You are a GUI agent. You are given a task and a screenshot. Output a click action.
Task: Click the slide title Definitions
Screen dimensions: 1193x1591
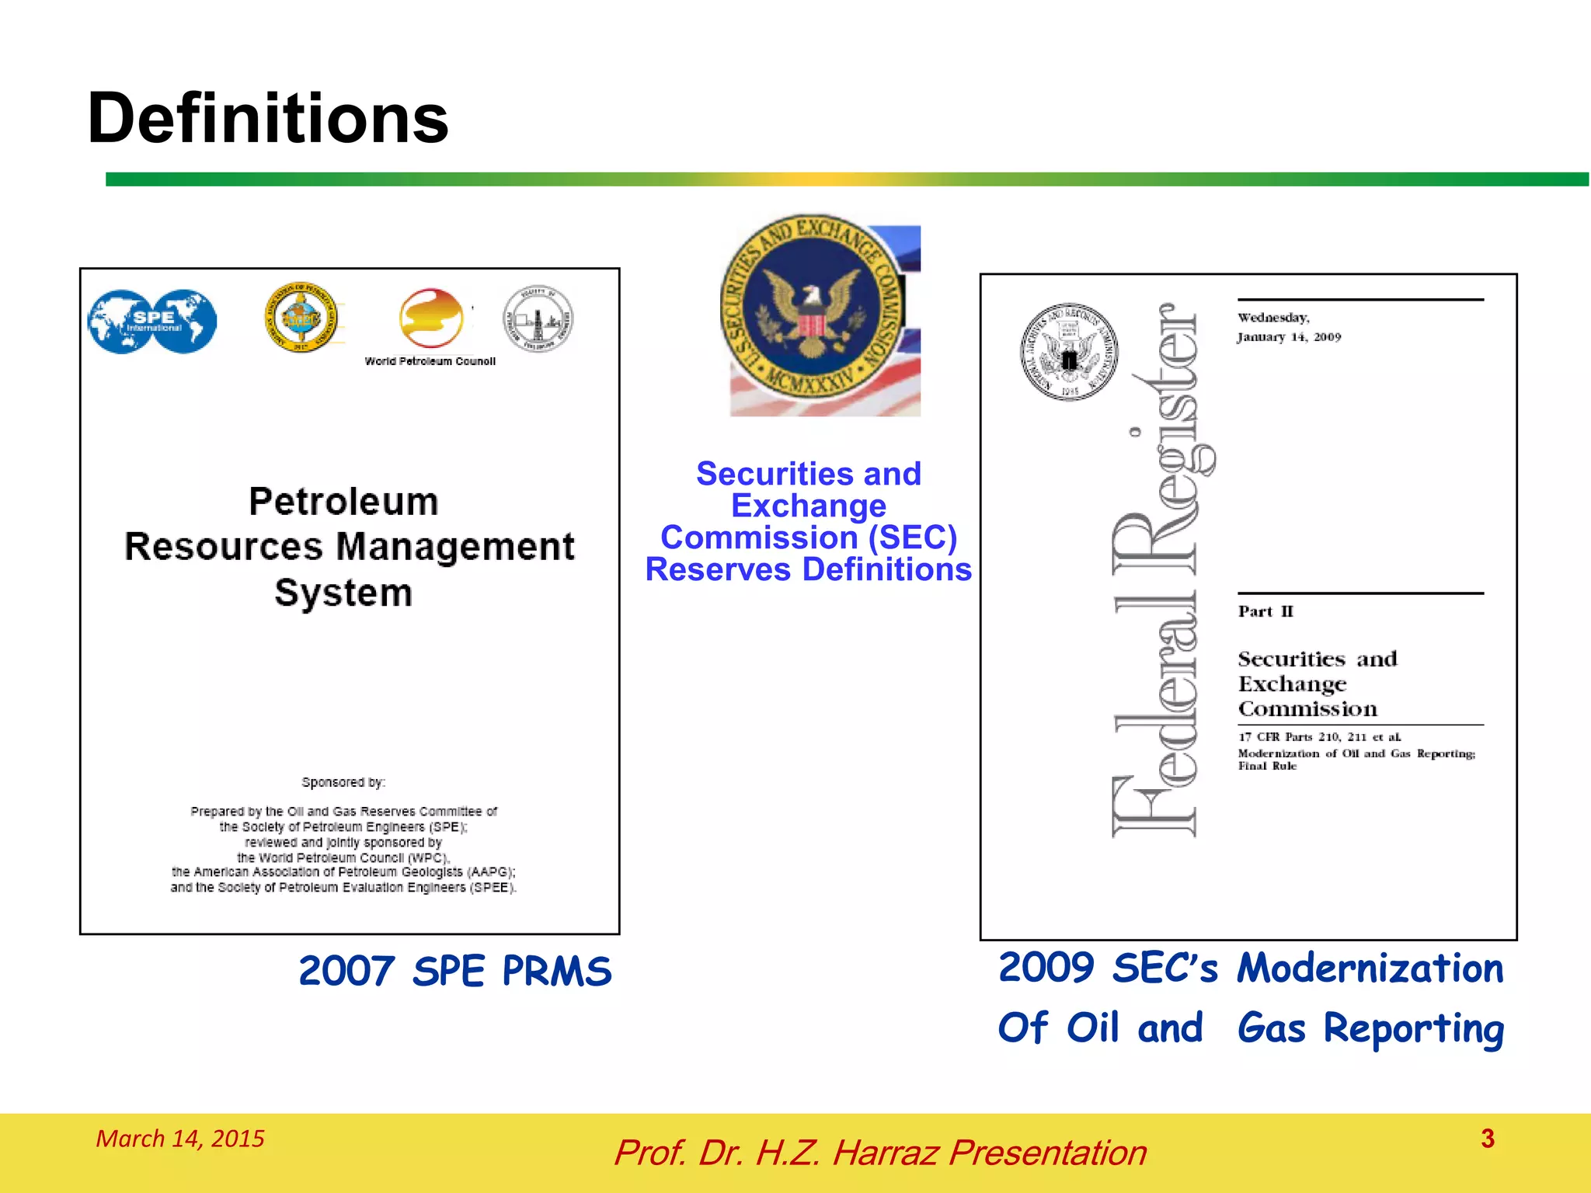[x=268, y=118]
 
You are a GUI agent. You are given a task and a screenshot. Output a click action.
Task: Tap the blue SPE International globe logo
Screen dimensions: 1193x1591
[x=152, y=321]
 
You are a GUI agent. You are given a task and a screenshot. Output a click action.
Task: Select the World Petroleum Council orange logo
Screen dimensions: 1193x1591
[x=430, y=318]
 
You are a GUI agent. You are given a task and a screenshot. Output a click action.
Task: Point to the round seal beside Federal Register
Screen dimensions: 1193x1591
[x=1069, y=352]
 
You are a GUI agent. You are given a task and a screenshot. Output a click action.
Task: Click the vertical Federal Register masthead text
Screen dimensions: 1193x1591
[x=1158, y=571]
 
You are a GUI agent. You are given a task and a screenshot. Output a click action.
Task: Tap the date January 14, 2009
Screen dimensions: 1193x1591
[x=1290, y=337]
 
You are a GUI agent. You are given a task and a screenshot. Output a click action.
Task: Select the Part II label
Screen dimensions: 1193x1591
[x=1265, y=611]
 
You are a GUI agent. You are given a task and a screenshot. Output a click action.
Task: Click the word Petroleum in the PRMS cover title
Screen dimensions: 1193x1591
[x=343, y=502]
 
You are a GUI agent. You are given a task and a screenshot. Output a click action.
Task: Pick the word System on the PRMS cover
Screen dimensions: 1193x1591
[x=343, y=593]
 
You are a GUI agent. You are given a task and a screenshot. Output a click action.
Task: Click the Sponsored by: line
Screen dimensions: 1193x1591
[x=343, y=782]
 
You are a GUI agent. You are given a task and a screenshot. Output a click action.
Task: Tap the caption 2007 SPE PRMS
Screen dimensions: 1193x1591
[x=455, y=971]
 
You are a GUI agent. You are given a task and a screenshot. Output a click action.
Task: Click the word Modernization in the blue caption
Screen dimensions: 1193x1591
[x=1370, y=969]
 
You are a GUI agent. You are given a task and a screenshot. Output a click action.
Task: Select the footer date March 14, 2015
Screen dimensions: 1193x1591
[x=180, y=1139]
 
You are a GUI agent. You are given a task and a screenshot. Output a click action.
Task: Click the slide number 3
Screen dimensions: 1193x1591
[x=1488, y=1139]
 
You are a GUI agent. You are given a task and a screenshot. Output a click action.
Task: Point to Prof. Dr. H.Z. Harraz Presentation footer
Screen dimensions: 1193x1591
[x=880, y=1153]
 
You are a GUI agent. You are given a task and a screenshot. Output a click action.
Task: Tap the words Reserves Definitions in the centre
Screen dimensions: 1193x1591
[x=809, y=569]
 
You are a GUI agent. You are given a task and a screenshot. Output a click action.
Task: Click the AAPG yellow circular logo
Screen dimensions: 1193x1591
[x=301, y=317]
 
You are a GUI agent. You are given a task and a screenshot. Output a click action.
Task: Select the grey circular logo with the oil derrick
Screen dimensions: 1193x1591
[x=538, y=318]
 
